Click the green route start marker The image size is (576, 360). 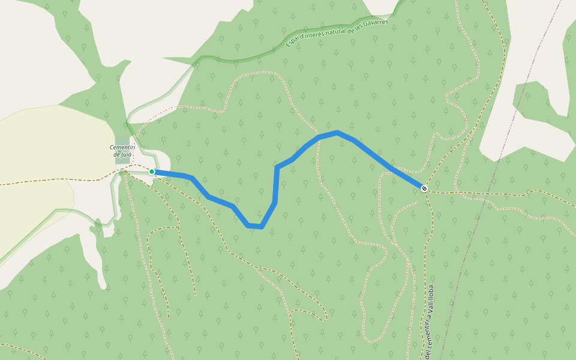(152, 172)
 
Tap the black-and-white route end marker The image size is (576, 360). (424, 188)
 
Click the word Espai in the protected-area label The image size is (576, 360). (292, 42)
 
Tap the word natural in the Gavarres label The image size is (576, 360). (338, 32)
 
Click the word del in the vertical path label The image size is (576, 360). (428, 354)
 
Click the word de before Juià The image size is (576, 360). (116, 154)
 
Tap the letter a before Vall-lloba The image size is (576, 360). (430, 316)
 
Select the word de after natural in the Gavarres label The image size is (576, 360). (352, 29)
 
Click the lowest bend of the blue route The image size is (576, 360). (255, 226)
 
